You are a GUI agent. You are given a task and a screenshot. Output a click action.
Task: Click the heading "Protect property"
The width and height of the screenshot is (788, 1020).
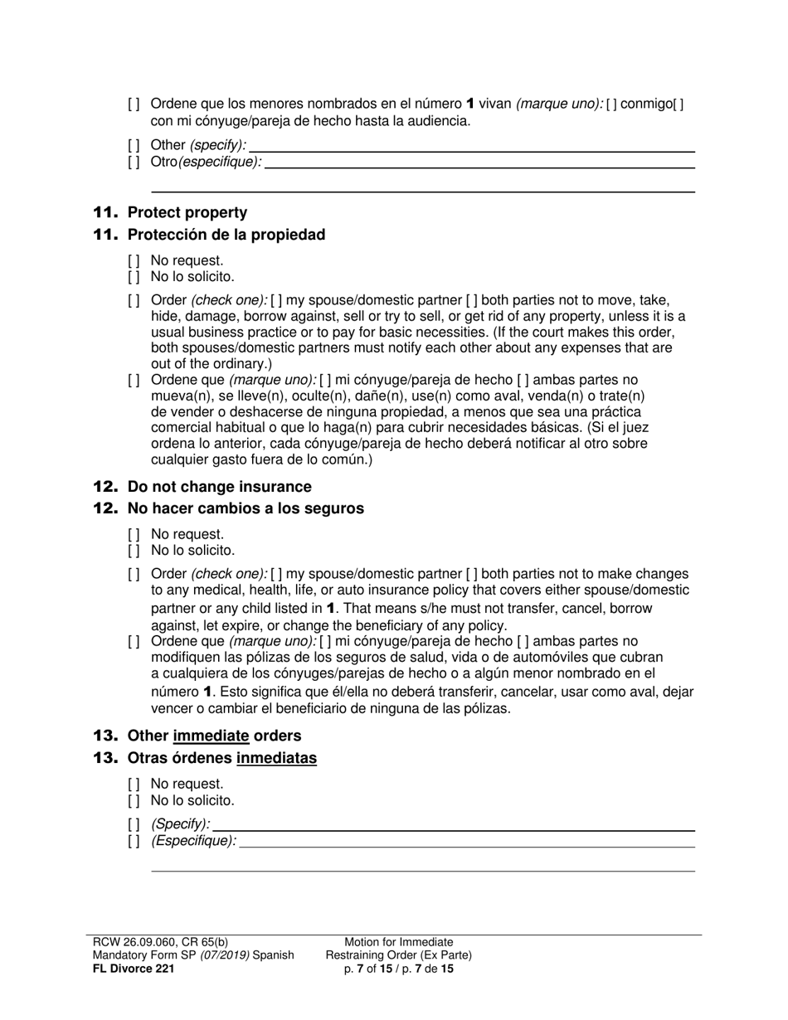[x=187, y=212]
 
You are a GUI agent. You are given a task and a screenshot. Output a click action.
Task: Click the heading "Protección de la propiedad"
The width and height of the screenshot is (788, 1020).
[x=226, y=235]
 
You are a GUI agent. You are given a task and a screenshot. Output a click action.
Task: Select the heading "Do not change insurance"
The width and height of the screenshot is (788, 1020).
[x=219, y=487]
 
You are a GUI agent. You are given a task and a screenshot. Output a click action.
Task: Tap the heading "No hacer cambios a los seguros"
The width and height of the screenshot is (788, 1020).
[x=245, y=508]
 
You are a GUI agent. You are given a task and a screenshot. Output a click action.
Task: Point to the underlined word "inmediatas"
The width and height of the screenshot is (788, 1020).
[x=276, y=758]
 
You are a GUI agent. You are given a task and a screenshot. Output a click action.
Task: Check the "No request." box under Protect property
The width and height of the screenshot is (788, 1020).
[x=134, y=260]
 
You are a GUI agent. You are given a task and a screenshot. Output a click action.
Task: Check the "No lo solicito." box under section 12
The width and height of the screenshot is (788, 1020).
[x=134, y=551]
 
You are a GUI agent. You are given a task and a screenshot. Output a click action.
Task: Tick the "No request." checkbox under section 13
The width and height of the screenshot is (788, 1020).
[x=134, y=784]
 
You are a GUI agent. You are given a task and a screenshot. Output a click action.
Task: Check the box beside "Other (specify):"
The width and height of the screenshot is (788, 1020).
[x=134, y=145]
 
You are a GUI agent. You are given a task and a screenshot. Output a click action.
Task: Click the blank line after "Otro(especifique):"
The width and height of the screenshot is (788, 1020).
[x=479, y=163]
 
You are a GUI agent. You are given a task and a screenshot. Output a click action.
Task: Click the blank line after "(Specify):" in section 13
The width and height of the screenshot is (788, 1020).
[x=454, y=824]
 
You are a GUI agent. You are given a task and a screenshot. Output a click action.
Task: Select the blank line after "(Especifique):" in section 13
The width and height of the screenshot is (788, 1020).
[x=467, y=842]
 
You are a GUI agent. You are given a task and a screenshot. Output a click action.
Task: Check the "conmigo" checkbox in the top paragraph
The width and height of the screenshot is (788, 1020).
[x=610, y=104]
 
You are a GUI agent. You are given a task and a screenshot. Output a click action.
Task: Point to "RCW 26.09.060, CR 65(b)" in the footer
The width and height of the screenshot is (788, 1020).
[x=160, y=942]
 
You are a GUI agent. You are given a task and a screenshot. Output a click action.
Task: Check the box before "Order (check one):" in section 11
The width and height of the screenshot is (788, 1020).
[x=134, y=300]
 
